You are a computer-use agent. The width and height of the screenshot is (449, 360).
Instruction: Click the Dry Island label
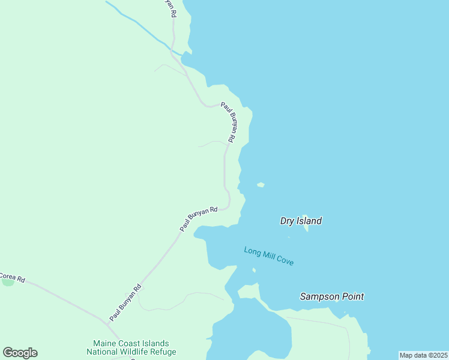click(301, 221)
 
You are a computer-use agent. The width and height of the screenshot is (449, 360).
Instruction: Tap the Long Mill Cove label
click(269, 256)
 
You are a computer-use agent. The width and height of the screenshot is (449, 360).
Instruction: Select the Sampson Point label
click(332, 296)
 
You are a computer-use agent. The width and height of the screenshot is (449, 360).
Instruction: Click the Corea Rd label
click(12, 278)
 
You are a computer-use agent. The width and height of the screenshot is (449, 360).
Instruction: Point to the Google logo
click(20, 353)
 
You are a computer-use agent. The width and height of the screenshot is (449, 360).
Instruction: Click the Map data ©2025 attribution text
click(424, 355)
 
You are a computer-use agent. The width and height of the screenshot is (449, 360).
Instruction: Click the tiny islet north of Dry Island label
click(261, 185)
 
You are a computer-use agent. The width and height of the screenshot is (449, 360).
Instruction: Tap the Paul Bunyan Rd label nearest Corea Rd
click(125, 302)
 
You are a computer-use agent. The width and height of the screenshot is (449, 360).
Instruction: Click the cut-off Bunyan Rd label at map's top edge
click(170, 8)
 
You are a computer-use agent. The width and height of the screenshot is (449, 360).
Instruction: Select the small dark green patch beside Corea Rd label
click(7, 282)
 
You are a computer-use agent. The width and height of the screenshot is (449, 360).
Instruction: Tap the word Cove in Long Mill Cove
click(285, 261)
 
